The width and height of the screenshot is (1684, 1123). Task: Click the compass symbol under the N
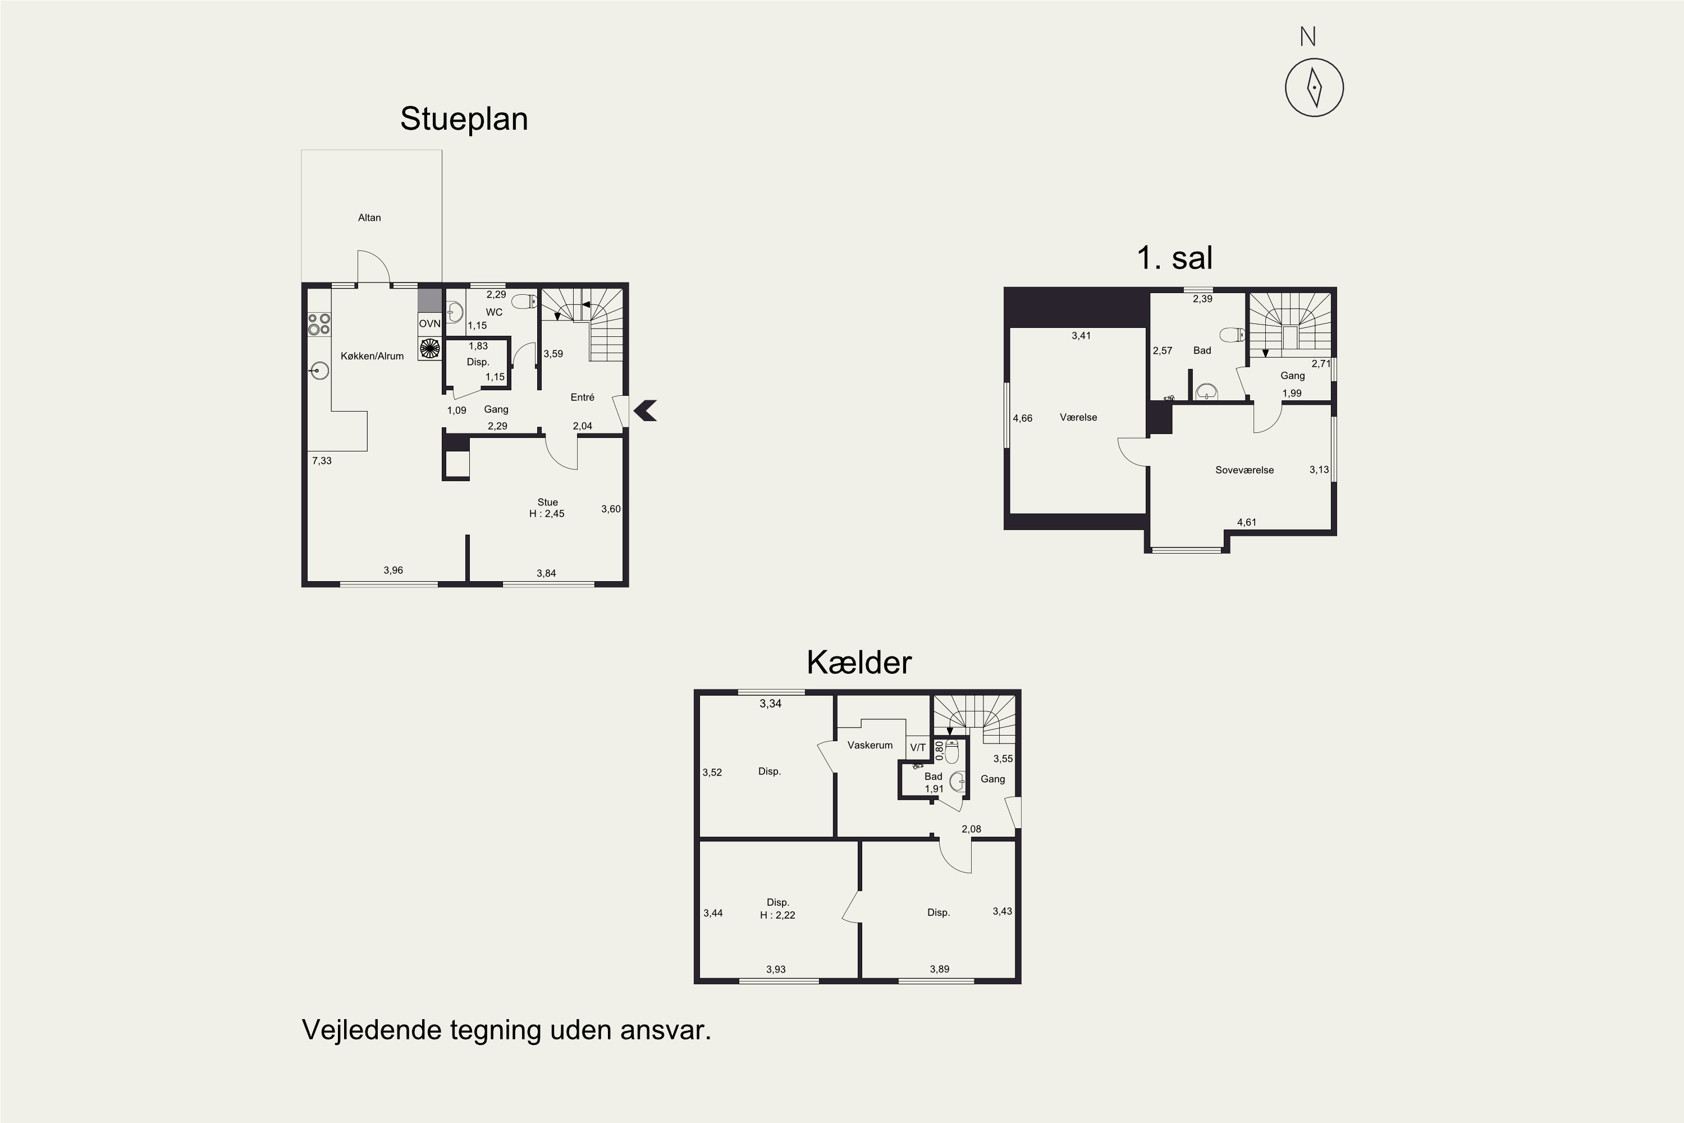pos(1314,88)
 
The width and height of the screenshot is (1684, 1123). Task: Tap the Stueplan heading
pos(464,119)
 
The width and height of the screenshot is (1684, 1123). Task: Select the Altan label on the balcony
pos(369,218)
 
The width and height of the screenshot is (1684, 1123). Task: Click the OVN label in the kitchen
pos(429,324)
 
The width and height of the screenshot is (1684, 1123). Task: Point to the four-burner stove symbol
pos(319,325)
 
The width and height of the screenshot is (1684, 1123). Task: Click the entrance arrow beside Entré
pos(645,410)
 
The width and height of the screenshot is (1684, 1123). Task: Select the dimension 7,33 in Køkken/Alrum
pos(322,460)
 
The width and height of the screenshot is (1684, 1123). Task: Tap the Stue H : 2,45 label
pos(547,508)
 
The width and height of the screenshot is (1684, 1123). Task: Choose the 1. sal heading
pos(1174,258)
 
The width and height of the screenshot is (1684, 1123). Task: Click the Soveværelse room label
pos(1244,471)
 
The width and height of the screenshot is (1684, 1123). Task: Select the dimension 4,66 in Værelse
pos(1022,418)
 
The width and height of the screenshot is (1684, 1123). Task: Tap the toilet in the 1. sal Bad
pos(1232,335)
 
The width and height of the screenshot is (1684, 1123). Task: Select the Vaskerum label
pos(870,746)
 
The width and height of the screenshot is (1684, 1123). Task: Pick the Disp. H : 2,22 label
pos(777,909)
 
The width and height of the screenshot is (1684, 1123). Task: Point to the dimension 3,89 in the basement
pos(939,969)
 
